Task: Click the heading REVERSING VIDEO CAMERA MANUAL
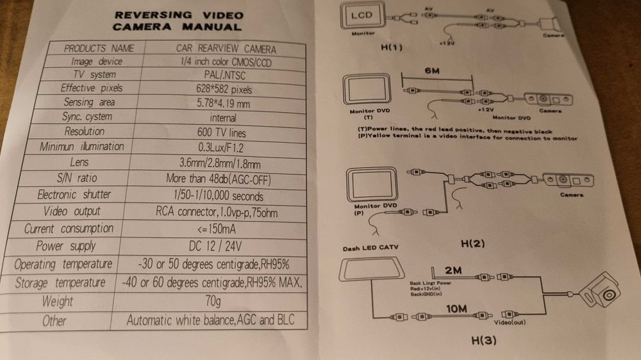tap(177, 20)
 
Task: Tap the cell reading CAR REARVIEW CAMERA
tap(226, 48)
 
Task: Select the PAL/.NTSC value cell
tap(222, 75)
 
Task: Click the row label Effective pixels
tap(91, 88)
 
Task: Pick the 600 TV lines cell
tap(222, 133)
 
